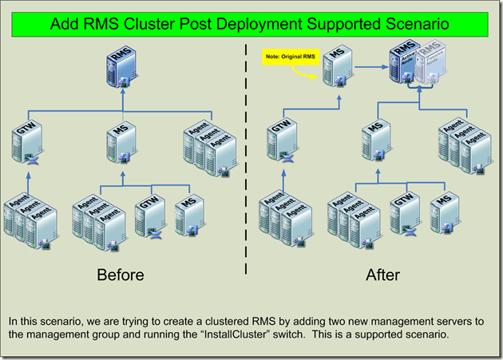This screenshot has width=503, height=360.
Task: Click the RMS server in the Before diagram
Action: point(121,68)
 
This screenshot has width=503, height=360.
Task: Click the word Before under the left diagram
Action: point(121,275)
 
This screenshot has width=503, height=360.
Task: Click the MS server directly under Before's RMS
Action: point(121,142)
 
